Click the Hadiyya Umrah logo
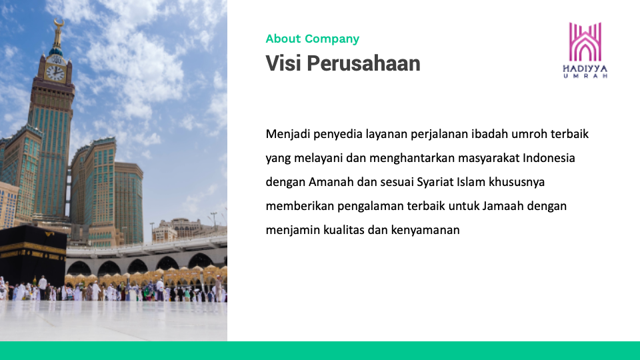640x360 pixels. (x=585, y=50)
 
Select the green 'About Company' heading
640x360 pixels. (x=312, y=39)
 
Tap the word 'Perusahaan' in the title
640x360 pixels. (x=363, y=64)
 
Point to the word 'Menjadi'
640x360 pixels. (x=288, y=134)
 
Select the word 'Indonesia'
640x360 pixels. (x=549, y=158)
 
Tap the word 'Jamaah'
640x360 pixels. (x=503, y=206)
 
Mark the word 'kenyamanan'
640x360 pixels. (x=425, y=231)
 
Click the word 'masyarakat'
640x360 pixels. (x=489, y=159)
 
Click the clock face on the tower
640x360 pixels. (x=55, y=73)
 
